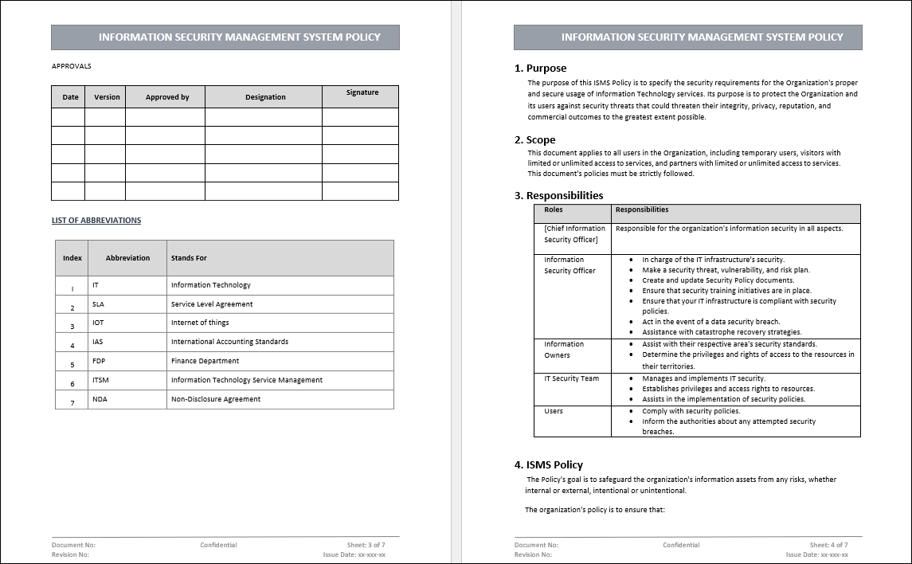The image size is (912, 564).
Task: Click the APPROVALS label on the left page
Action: coord(72,66)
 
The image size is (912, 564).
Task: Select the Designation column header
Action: coord(265,97)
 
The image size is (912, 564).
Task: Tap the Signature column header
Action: coord(362,92)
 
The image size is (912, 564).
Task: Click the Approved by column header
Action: coord(167,97)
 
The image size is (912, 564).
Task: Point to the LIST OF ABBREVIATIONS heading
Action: coord(96,221)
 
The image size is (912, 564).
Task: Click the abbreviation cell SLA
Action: coord(98,304)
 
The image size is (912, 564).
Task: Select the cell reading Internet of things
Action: coord(200,323)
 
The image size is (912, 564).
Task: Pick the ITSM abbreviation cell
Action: coord(100,381)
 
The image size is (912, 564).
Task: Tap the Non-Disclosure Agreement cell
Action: coord(216,399)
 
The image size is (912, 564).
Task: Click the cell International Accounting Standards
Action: coord(229,342)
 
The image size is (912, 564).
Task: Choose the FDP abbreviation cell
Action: coord(99,361)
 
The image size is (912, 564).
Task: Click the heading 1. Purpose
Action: coord(540,69)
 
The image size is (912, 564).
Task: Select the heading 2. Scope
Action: coord(534,140)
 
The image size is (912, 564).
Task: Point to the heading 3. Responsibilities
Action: coord(558,196)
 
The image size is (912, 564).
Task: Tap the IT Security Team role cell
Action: coord(571,378)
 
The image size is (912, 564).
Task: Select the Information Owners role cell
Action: coord(564,350)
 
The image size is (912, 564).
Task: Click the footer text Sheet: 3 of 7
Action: coord(366,545)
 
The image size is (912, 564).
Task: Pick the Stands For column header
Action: coord(189,258)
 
